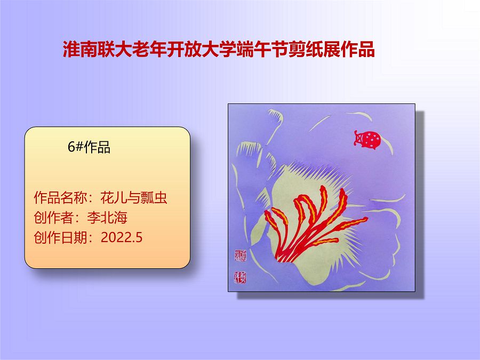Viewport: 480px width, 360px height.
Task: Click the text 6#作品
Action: [x=89, y=148]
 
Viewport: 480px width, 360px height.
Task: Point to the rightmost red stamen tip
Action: [x=366, y=219]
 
